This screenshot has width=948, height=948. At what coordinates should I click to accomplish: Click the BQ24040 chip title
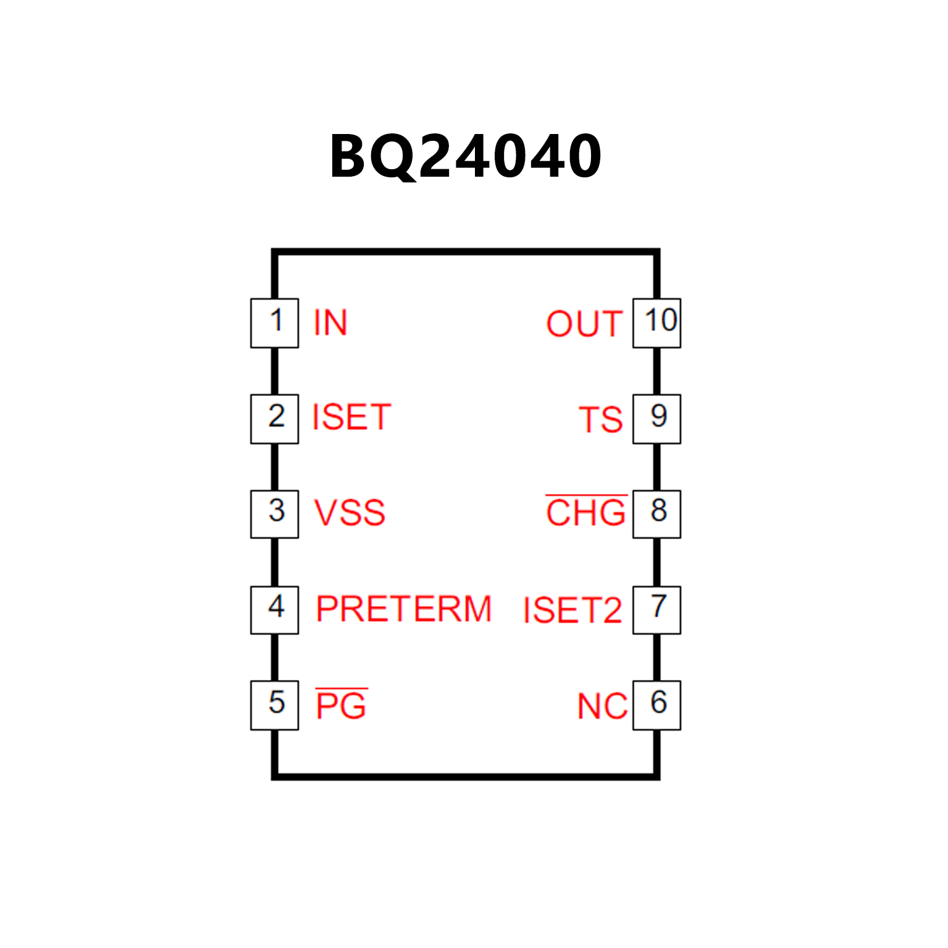(x=466, y=157)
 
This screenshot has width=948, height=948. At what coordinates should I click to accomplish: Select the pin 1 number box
(x=275, y=323)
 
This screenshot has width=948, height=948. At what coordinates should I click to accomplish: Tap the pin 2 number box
(x=275, y=419)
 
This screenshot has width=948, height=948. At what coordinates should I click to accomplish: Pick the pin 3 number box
(x=275, y=514)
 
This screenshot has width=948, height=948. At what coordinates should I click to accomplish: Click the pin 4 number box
(x=275, y=610)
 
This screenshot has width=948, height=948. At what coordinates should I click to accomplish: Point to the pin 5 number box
(x=275, y=705)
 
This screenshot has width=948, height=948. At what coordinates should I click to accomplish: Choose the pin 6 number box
(x=656, y=705)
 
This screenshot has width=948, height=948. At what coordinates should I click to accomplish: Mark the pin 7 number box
(x=656, y=610)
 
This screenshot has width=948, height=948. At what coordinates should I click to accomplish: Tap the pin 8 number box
(x=656, y=514)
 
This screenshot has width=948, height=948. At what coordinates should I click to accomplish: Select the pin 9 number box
(x=656, y=419)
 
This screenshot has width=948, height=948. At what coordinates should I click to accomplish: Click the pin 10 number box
(x=656, y=323)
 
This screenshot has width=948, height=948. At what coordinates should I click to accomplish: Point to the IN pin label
(x=330, y=323)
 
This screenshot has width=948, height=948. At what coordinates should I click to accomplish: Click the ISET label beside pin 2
(x=351, y=417)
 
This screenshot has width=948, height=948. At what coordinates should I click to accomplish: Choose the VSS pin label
(x=350, y=513)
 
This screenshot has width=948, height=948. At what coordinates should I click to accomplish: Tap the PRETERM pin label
(x=404, y=609)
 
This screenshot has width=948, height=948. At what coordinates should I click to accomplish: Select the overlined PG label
(x=341, y=705)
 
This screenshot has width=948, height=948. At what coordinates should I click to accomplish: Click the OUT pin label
(x=584, y=324)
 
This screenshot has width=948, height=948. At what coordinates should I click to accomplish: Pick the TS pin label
(x=600, y=420)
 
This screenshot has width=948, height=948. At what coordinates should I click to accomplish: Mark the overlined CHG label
(x=586, y=513)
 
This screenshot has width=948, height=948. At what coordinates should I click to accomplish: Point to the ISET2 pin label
(x=573, y=610)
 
